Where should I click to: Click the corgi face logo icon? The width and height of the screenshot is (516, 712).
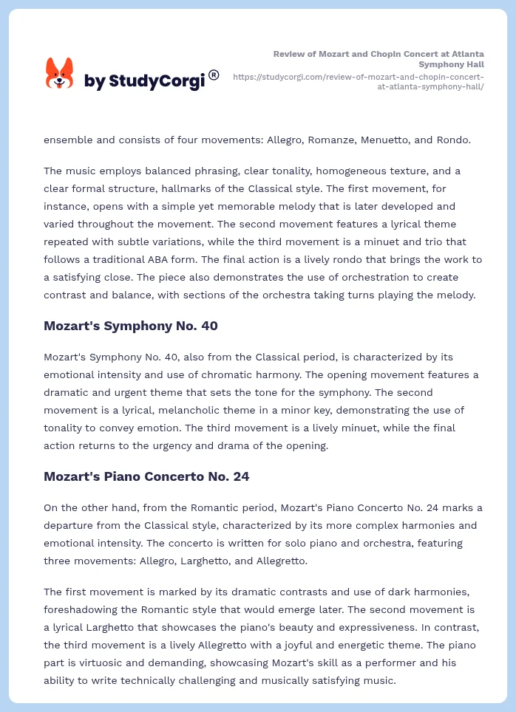coord(60,73)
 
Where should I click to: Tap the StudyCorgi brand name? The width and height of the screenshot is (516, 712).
coord(144,81)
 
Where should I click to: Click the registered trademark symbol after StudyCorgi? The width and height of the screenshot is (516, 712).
coord(214,75)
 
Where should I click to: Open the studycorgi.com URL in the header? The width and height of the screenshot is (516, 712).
coord(359,81)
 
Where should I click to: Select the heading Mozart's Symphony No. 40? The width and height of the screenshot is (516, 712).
coord(130,326)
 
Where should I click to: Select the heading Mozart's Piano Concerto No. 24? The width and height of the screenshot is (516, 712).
coord(146,476)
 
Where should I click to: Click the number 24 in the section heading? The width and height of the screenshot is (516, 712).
coord(240,476)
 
